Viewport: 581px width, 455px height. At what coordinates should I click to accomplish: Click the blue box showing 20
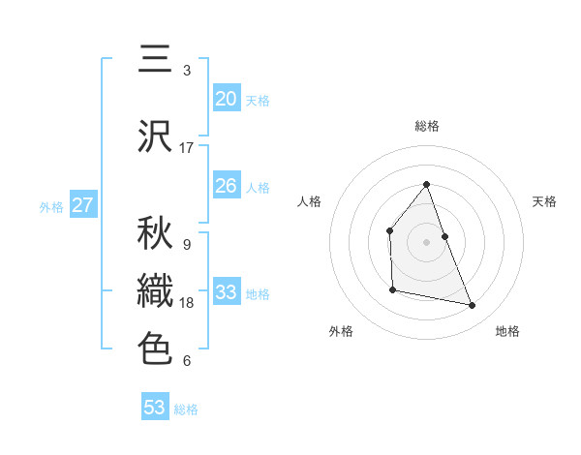227,99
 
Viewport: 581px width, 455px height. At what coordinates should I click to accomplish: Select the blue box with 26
227,186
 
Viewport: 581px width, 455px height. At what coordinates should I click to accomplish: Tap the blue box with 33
227,292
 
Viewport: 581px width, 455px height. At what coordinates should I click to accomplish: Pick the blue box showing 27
82,205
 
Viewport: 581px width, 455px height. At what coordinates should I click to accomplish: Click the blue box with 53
155,408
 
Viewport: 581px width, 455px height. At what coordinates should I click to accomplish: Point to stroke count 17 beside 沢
187,148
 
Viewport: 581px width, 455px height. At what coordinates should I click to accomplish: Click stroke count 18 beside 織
187,303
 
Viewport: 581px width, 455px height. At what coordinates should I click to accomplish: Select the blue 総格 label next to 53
186,409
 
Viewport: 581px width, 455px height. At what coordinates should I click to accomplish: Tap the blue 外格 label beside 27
51,206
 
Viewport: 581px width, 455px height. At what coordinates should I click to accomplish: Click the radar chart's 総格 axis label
426,126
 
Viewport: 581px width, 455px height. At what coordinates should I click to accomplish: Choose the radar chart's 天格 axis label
545,201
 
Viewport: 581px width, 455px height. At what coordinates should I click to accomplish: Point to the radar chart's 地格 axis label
507,331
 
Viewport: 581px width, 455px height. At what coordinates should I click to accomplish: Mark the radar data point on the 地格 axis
473,306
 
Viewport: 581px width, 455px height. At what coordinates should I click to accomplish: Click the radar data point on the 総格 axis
426,184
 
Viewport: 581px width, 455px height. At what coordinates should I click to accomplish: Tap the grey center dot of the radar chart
426,241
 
